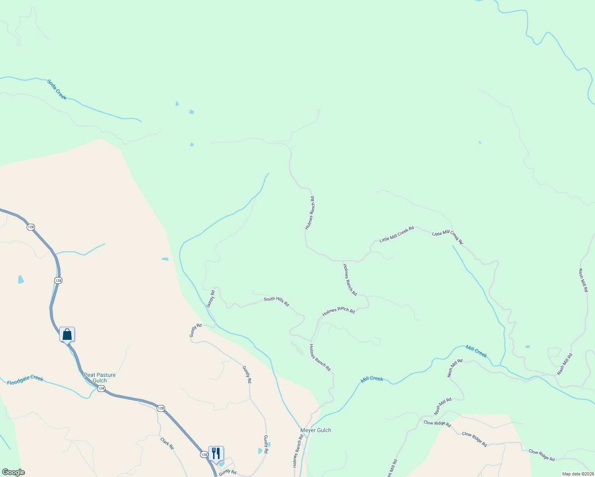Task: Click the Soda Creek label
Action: click(x=57, y=89)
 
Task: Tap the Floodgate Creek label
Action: click(x=25, y=380)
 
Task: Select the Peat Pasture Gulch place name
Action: click(x=99, y=378)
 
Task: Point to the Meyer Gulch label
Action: click(x=315, y=430)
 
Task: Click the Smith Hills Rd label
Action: click(x=276, y=301)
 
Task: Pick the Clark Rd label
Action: click(x=167, y=443)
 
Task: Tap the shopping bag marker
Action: click(x=67, y=334)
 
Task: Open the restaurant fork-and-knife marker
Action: click(x=216, y=453)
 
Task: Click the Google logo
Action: click(x=13, y=472)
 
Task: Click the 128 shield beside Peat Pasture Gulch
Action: click(x=101, y=388)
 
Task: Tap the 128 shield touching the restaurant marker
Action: click(x=204, y=454)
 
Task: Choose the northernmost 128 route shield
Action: click(x=31, y=227)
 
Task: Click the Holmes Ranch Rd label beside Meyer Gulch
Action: click(x=298, y=450)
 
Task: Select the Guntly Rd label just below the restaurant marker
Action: click(x=227, y=472)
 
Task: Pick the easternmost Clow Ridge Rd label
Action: click(x=541, y=455)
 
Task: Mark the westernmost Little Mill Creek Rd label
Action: click(x=397, y=234)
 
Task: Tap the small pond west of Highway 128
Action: click(x=21, y=279)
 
